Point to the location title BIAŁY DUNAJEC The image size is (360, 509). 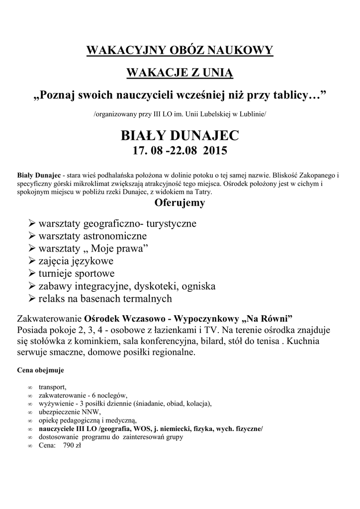(180, 135)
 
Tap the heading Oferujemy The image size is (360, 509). (180, 203)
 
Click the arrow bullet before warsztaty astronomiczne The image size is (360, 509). (32, 236)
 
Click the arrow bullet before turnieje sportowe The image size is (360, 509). (32, 274)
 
